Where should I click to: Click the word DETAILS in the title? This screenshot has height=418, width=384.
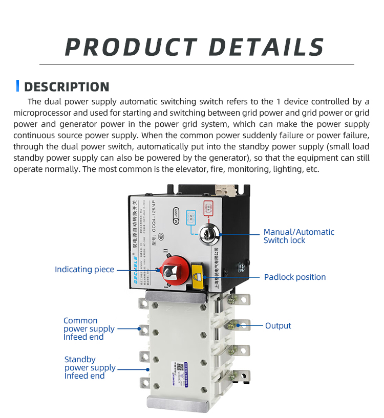[267, 47]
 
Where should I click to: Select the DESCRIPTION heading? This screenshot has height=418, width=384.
[67, 86]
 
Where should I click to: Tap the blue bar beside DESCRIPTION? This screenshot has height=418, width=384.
[18, 86]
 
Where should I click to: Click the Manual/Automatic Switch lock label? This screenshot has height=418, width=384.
[298, 236]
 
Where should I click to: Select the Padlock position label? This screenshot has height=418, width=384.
[294, 277]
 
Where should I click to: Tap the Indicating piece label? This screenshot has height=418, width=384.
[84, 269]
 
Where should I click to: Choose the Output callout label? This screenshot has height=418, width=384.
[278, 325]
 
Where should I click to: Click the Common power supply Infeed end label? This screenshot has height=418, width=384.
[89, 328]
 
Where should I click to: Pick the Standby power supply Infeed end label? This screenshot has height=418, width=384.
[90, 367]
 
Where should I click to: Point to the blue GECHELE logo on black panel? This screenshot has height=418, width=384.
[134, 255]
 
